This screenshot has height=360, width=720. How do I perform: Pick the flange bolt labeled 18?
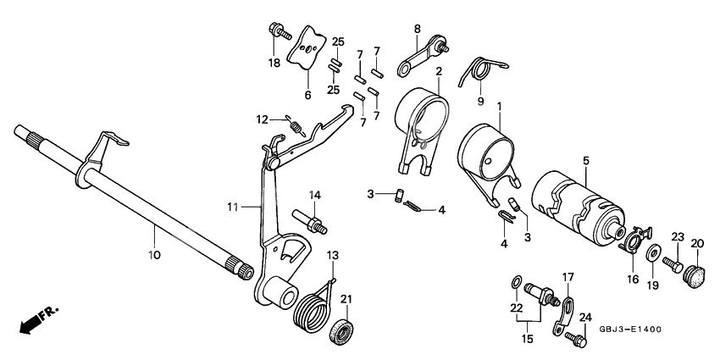279,31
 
